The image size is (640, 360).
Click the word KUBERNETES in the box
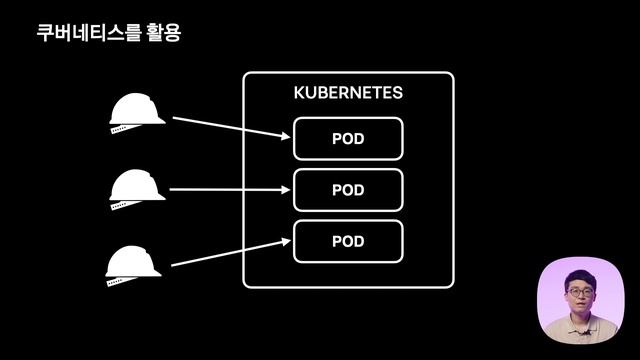coord(348,93)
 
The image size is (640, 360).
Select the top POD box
coord(348,139)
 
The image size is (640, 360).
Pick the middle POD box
coord(348,189)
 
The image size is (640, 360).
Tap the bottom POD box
coord(348,241)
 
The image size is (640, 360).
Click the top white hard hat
coord(137,109)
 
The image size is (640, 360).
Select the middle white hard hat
coord(137,186)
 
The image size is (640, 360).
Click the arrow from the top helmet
coord(230,127)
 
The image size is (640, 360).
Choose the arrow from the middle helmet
coord(230,188)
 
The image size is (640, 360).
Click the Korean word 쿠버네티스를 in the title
coord(84,33)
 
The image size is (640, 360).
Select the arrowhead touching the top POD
coord(285,137)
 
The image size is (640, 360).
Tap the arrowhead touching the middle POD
coord(285,188)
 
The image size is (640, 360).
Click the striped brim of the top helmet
coord(125,129)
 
